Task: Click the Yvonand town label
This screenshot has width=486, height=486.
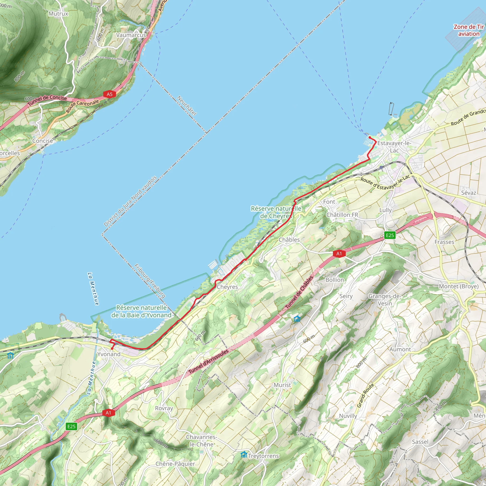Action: coord(109,354)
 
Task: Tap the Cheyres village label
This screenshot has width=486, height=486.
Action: coord(227,287)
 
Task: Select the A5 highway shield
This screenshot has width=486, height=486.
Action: coord(109,94)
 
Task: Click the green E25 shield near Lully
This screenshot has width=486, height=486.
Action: coord(390,235)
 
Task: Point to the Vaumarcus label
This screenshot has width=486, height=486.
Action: coord(131,35)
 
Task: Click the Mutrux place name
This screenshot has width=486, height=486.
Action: coord(58,14)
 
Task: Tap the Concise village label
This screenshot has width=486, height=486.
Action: coord(43,141)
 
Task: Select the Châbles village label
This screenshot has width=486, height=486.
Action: coord(289,240)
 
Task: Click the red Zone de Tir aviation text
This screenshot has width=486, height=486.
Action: coord(469,30)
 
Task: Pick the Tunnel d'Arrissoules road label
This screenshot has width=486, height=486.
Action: coord(209,361)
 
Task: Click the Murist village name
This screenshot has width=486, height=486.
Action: coord(282,385)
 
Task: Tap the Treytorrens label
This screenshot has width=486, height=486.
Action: coord(263,456)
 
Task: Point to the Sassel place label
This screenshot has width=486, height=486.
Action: coord(420,442)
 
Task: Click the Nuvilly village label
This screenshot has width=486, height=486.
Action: coord(348,416)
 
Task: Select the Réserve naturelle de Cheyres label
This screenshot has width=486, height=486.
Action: coord(276,212)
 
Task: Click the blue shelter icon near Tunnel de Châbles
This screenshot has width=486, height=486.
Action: coord(297,319)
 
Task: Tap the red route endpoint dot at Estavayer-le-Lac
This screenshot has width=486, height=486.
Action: coord(370,137)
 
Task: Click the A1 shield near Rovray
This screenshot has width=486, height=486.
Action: coord(108,413)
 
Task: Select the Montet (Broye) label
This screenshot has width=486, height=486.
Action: coord(458,286)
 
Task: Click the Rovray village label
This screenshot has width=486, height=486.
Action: coord(164,408)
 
